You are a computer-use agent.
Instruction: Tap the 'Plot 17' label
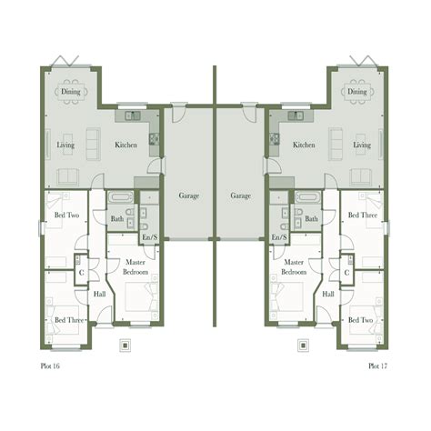pos(378,366)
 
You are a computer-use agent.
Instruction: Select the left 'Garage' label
pos(189,195)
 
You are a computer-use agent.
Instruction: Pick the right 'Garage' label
pos(240,195)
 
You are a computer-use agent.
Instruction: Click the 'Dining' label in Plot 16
pos(71,92)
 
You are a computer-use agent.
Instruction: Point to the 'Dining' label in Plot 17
pos(357,92)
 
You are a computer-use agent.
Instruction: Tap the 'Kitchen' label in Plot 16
pos(125,145)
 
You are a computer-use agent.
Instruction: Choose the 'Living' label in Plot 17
pos(362,145)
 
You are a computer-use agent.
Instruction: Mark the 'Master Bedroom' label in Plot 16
pos(136,267)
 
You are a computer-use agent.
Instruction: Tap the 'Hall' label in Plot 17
pos(328,295)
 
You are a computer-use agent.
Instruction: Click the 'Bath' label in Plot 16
pos(117,219)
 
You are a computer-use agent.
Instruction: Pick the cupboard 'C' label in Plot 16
pos(81,272)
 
